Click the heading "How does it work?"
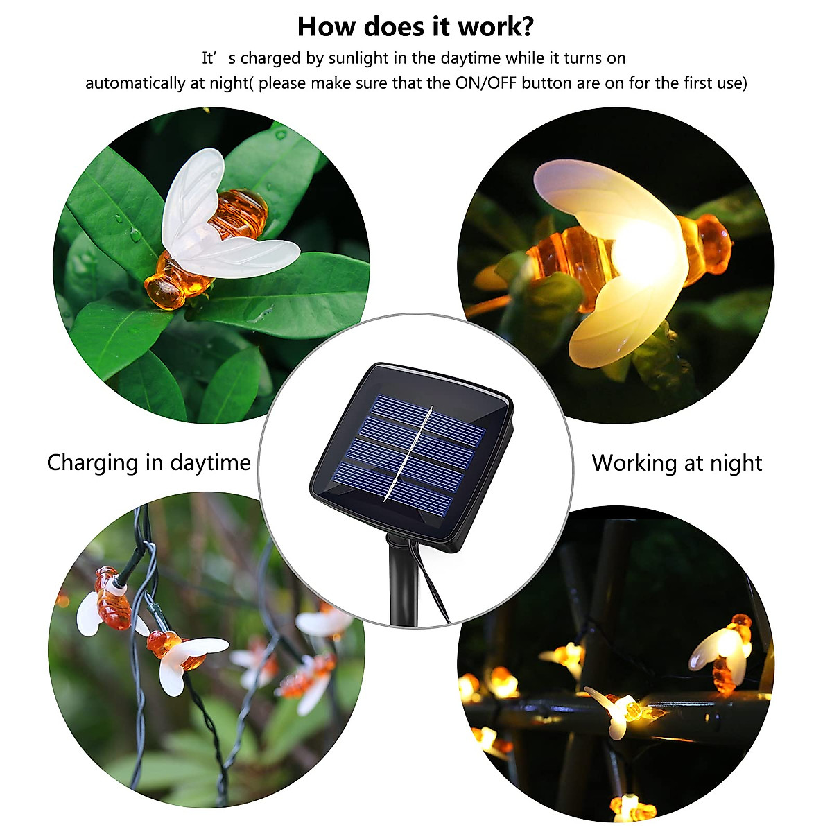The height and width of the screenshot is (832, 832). tap(415, 26)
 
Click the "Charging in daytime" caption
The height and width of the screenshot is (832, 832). tap(148, 462)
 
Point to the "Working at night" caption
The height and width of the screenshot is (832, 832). tap(677, 462)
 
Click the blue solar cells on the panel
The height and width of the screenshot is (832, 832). tap(444, 430)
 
